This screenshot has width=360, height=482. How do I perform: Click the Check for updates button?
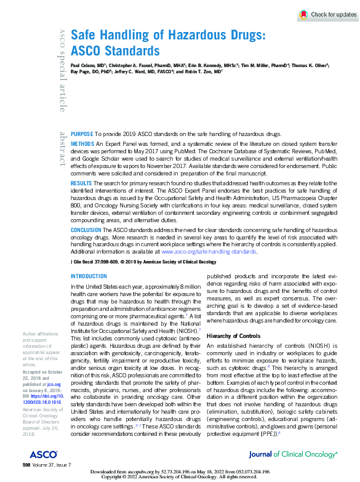coord(328,14)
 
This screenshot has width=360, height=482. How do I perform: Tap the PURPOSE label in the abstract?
coord(82,134)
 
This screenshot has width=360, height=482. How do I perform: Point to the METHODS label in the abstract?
coord(83,143)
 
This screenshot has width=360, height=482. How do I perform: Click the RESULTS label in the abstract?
coord(82,183)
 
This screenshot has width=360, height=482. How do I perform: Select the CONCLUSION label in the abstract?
coord(86,230)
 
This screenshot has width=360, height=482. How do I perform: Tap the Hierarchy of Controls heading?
coord(233,336)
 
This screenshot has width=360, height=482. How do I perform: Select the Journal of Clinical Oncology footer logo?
coord(293,454)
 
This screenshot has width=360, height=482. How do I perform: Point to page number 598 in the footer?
coord(26,464)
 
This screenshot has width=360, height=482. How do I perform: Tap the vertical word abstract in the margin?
coord(62,148)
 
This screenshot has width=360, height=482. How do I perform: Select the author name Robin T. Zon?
coord(202,71)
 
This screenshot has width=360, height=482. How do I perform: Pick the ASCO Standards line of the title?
coord(115,51)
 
